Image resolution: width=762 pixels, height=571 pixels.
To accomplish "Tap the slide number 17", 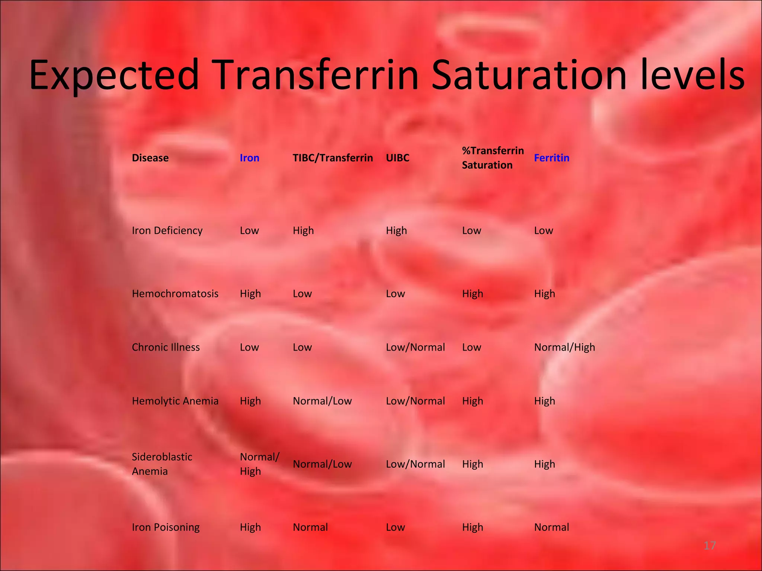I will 710,545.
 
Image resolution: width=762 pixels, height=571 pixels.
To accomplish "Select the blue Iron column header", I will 249,158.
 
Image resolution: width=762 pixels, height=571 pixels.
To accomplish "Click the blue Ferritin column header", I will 551,158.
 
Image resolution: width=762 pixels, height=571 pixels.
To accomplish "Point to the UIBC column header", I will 397,158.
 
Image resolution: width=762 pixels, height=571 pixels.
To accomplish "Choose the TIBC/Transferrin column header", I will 333,158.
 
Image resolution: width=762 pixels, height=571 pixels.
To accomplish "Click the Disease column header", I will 150,158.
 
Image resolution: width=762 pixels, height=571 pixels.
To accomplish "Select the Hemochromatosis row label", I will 175,294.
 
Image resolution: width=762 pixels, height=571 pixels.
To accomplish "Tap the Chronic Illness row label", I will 166,347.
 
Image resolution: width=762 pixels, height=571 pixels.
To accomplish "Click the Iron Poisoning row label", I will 166,527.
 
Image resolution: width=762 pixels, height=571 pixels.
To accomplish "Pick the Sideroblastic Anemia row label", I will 162,464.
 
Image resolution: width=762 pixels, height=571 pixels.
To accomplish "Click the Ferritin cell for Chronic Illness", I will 564,347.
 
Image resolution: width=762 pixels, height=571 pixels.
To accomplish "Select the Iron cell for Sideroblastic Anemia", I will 259,464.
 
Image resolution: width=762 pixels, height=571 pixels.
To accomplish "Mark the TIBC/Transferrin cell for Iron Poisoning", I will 310,527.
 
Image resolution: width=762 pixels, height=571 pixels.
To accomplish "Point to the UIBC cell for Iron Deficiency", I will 396,230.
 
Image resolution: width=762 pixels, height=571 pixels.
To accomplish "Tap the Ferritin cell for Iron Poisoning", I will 551,527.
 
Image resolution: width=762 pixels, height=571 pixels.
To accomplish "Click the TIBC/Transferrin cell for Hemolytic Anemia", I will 322,401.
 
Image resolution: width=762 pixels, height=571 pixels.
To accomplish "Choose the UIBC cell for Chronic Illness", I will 415,347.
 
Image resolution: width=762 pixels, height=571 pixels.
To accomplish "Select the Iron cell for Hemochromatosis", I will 250,294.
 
